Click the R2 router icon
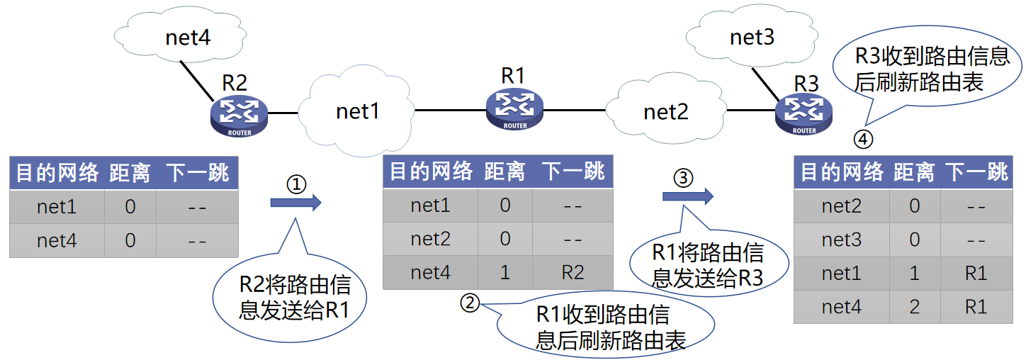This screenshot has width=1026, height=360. coord(239,116)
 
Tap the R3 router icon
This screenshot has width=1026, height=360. coord(804,114)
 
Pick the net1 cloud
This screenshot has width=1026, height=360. coord(357,111)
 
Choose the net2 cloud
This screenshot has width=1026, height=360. coord(665,111)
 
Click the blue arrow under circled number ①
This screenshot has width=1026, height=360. coord(295,203)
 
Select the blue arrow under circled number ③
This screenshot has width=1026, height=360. coord(687,196)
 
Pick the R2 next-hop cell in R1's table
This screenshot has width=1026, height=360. coord(573,272)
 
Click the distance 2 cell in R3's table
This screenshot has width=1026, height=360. coord(914,307)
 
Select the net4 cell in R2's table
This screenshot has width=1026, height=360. coord(57,241)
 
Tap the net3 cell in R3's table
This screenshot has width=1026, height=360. coord(841,240)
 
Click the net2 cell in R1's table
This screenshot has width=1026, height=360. coord(430,239)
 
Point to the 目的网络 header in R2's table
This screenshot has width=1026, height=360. coord(57,173)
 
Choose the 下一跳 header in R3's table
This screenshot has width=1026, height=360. coord(977,171)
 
